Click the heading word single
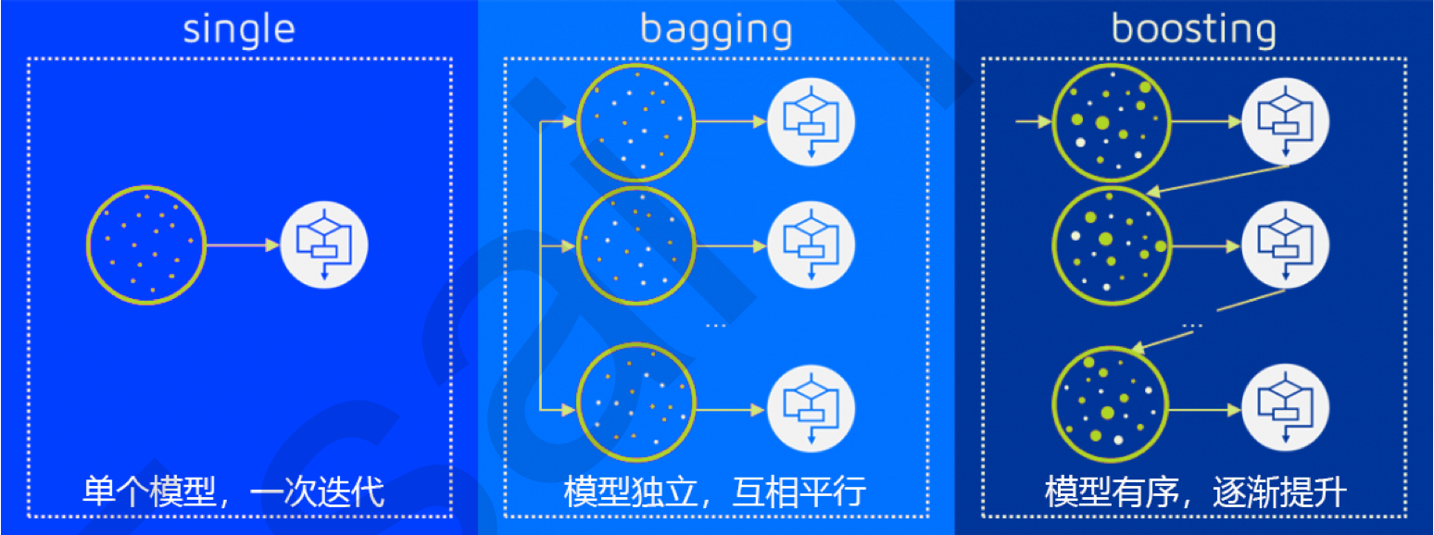pos(239,29)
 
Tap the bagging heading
pos(716,29)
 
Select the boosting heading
pos(1193,29)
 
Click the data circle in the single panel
pos(146,245)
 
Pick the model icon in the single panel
pos(324,245)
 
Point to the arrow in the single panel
pos(242,245)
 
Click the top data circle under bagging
pos(635,121)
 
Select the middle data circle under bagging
pos(635,246)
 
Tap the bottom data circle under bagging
pos(635,406)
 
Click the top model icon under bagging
pos(811,121)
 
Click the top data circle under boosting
pos(1112,121)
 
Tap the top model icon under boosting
pos(1285,121)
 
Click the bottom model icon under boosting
pos(1285,408)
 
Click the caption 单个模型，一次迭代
pos(233,491)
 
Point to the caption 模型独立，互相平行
pos(714,491)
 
